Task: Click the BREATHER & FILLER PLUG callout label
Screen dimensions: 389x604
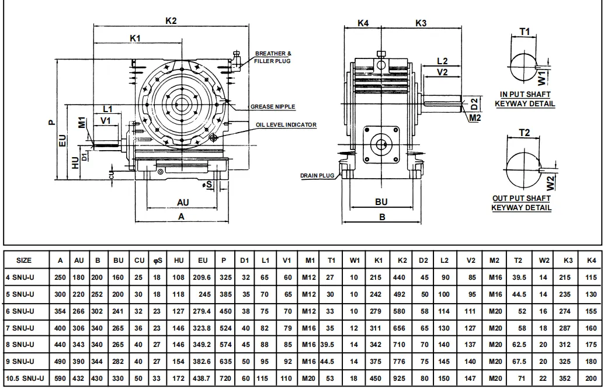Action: pyautogui.click(x=273, y=57)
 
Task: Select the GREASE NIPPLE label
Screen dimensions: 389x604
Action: pyautogui.click(x=273, y=107)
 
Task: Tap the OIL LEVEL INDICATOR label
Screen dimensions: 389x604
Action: pyautogui.click(x=286, y=125)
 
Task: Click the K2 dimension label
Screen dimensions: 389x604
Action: pyautogui.click(x=171, y=20)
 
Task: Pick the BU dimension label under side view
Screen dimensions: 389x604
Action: pyautogui.click(x=381, y=202)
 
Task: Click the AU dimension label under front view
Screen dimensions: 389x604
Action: pyautogui.click(x=183, y=202)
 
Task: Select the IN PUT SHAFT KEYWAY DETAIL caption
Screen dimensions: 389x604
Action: pyautogui.click(x=525, y=99)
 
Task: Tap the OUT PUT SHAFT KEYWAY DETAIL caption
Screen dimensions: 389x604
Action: pyautogui.click(x=521, y=203)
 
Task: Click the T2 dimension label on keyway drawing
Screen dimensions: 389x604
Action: pyautogui.click(x=524, y=133)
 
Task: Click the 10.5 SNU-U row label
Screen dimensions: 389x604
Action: pyautogui.click(x=25, y=378)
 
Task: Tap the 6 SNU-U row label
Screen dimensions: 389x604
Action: pyautogui.click(x=20, y=311)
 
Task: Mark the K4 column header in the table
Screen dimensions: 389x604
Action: pyautogui.click(x=591, y=261)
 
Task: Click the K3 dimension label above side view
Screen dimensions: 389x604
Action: pyautogui.click(x=421, y=23)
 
